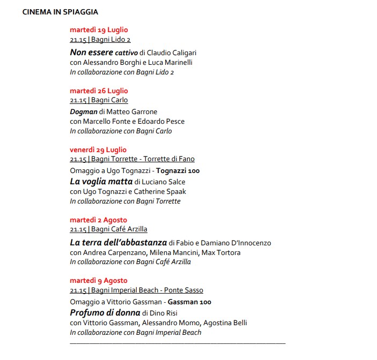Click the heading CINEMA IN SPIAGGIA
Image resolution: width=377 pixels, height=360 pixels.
60,12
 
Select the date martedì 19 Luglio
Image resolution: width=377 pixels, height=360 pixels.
99,30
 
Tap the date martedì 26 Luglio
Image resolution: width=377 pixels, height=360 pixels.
99,91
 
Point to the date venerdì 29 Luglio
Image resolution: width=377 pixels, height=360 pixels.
98,149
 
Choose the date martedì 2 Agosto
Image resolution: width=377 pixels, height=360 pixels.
98,220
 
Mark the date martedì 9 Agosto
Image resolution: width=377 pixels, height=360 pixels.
99,280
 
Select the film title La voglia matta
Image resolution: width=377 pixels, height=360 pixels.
101,182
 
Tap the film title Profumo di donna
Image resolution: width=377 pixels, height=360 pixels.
105,312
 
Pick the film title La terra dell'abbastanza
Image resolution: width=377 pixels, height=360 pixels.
118,243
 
